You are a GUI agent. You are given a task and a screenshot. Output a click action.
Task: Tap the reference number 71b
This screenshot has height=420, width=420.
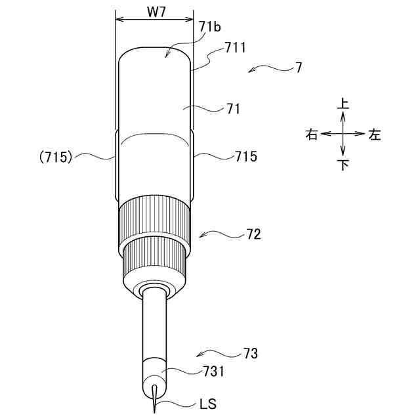(210, 27)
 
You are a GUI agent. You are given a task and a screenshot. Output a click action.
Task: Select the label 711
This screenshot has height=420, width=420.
(235, 48)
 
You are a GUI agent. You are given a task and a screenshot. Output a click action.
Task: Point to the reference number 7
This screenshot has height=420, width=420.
(299, 67)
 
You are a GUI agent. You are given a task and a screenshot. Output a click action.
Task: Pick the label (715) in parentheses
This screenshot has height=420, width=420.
(55, 157)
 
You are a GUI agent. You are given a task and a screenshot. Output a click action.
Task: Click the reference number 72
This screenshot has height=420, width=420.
(253, 234)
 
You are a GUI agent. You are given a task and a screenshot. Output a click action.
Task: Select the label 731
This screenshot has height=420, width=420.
(213, 371)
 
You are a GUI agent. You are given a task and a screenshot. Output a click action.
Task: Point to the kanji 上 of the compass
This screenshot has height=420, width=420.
(343, 104)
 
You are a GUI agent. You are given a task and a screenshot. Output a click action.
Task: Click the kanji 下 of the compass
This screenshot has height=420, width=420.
(343, 165)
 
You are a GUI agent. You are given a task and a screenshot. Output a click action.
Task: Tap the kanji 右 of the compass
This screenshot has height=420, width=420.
(312, 135)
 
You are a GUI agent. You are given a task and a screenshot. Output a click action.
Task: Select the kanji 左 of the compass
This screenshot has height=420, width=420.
(374, 135)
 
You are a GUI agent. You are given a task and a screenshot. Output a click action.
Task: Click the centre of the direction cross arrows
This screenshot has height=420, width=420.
(343, 133)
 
